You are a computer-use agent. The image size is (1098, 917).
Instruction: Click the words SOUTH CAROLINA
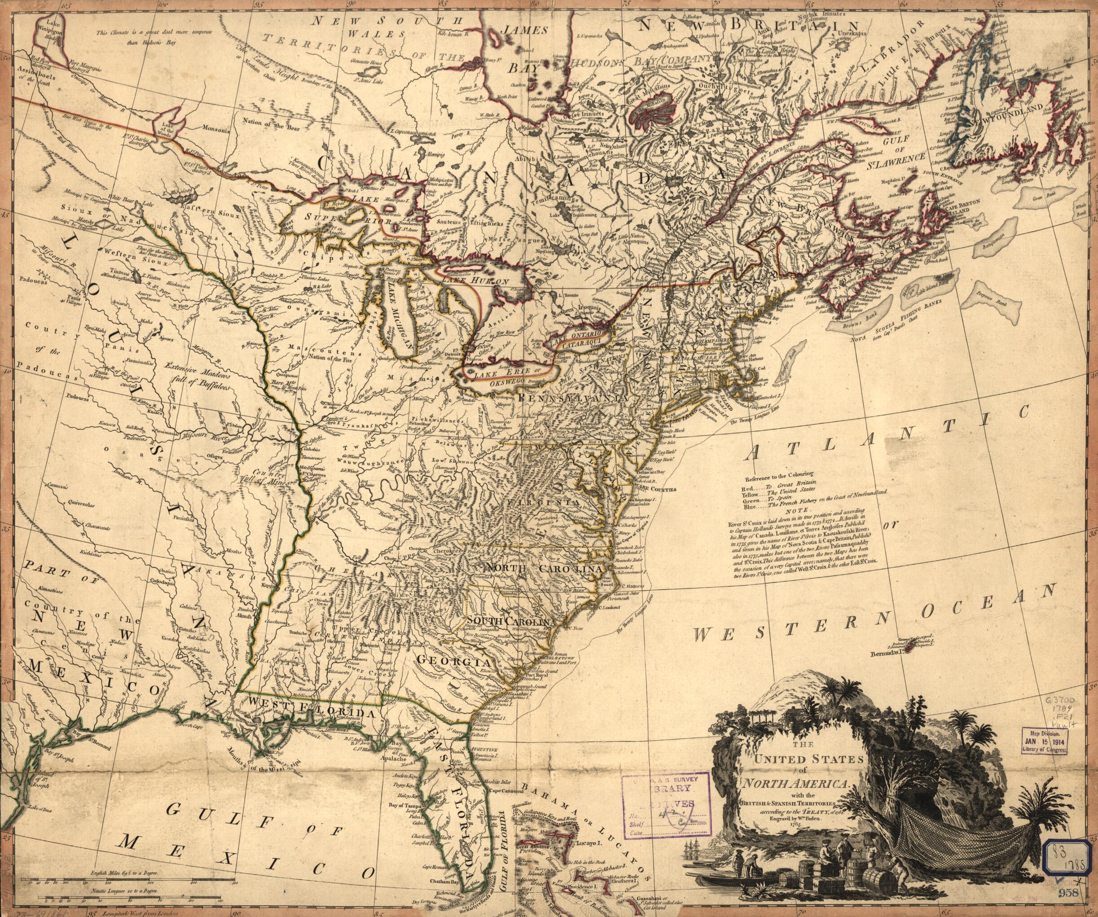click(x=510, y=621)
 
